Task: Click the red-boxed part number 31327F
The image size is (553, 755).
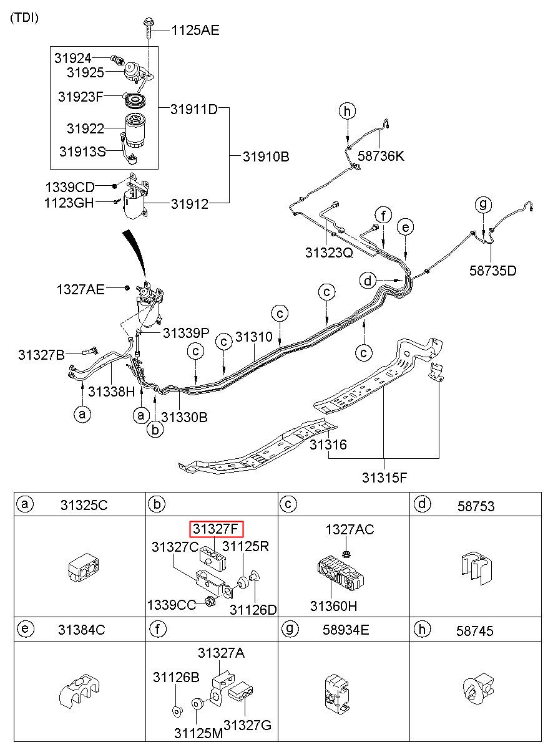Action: coord(216,529)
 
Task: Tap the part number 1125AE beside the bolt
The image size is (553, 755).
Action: coord(195,31)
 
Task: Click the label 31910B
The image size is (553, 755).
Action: coord(266,156)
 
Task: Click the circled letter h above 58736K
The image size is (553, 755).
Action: coord(348,111)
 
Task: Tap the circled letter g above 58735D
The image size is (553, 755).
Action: coord(483,204)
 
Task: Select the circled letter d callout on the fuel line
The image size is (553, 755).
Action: coord(368,281)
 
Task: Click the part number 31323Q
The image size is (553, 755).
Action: coord(329,252)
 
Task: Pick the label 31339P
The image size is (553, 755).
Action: coord(186,333)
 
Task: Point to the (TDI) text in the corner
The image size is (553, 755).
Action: coord(24,17)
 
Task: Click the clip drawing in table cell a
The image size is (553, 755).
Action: coord(84,567)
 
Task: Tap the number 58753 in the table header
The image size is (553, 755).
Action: coord(476,506)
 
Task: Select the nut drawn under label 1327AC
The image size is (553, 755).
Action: coord(346,553)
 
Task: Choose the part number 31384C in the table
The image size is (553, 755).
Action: coord(82,630)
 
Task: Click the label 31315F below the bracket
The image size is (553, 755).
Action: coord(384,478)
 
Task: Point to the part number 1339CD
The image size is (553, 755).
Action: coord(70,187)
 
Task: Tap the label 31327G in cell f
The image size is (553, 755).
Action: coord(247,725)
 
